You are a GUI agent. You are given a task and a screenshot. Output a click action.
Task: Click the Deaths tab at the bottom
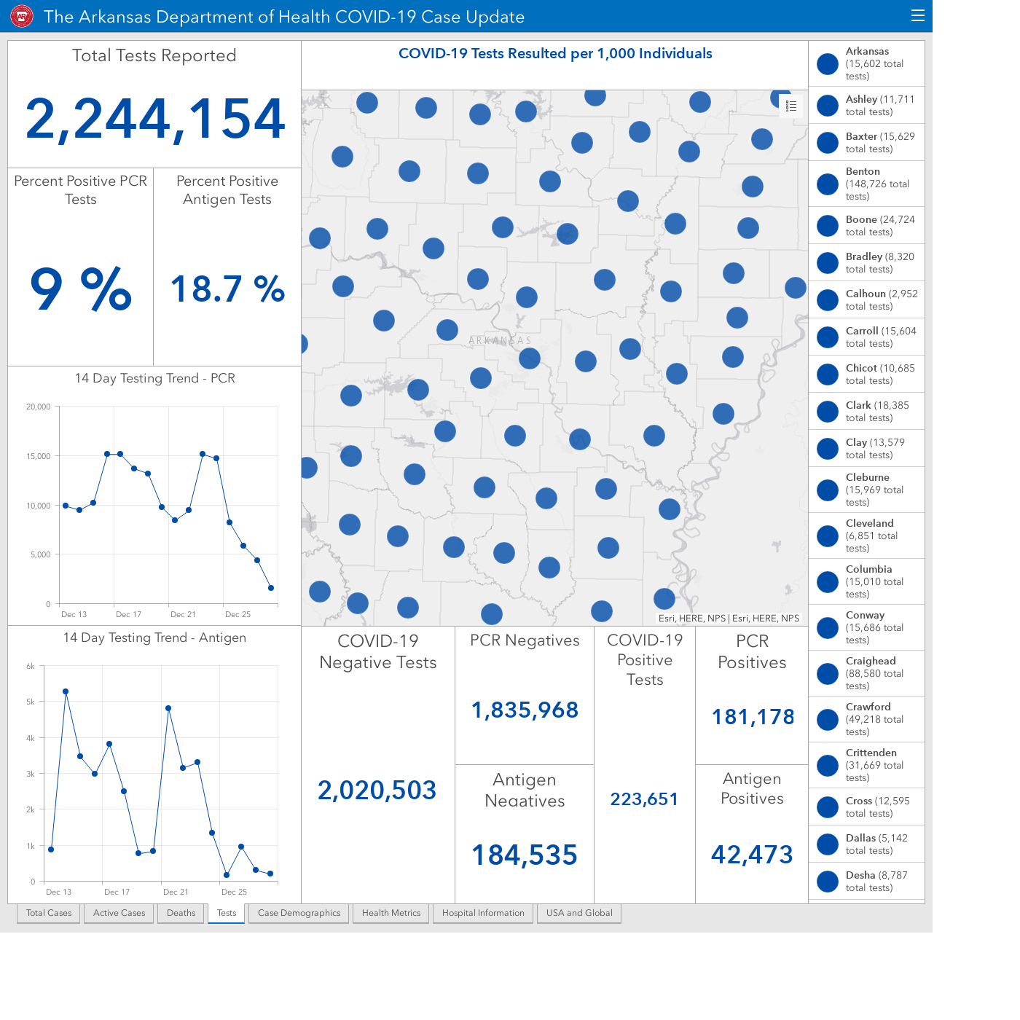click(181, 913)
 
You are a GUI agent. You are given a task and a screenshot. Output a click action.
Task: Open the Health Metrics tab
click(391, 913)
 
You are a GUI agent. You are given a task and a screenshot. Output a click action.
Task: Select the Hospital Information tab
click(483, 913)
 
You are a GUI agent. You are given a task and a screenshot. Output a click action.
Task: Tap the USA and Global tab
click(579, 913)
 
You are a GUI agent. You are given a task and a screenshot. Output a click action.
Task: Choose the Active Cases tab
click(119, 913)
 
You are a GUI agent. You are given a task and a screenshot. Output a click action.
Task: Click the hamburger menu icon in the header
click(918, 16)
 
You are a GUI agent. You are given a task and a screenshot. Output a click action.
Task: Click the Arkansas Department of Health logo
click(22, 17)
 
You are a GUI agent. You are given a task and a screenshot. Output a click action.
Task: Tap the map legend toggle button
click(791, 106)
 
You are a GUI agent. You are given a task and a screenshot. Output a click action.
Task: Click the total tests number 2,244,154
click(154, 119)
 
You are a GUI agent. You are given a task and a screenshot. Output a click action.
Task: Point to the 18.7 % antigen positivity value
click(227, 289)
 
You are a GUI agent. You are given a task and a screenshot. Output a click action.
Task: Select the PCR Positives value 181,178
click(753, 717)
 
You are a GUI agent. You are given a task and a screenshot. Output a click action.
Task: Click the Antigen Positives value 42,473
click(752, 855)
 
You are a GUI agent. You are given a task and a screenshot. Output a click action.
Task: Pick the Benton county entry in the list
click(867, 184)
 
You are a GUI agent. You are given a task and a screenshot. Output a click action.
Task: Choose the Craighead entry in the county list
click(867, 673)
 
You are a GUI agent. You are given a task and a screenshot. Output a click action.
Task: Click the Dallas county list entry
click(867, 844)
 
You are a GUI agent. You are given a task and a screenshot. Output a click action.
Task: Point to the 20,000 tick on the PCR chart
click(38, 407)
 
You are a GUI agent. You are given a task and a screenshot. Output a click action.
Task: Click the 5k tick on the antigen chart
click(31, 702)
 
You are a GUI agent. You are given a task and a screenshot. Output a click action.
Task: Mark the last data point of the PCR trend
click(271, 588)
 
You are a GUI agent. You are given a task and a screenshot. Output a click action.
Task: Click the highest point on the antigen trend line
click(66, 692)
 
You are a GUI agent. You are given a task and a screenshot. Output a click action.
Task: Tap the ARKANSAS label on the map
click(500, 340)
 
